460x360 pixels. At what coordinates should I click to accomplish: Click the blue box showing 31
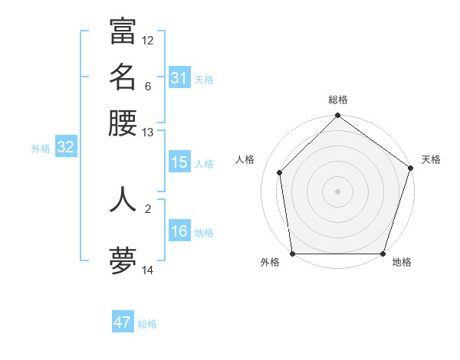coord(179,78)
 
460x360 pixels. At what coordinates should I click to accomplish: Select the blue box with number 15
coord(179,162)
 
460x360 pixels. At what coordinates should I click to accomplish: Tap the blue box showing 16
coord(179,231)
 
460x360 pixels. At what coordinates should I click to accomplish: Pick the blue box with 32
coord(65,148)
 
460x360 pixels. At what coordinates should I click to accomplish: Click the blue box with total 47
coord(123,322)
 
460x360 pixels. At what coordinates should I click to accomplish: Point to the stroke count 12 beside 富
coord(148,40)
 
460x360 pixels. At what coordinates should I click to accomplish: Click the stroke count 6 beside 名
coord(148,86)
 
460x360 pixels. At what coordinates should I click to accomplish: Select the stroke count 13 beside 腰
coord(148,133)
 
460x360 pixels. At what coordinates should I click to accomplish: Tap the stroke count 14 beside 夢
coord(148,270)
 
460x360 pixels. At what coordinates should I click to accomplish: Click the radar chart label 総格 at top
coord(338,100)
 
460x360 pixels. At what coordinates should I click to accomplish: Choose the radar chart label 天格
coord(431,159)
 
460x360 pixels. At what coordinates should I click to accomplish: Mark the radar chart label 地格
coord(402,263)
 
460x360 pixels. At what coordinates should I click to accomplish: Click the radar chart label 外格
coord(270,263)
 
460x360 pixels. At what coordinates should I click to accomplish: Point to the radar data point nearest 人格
coord(280,172)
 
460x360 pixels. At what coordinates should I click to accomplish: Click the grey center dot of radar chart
coord(337,191)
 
